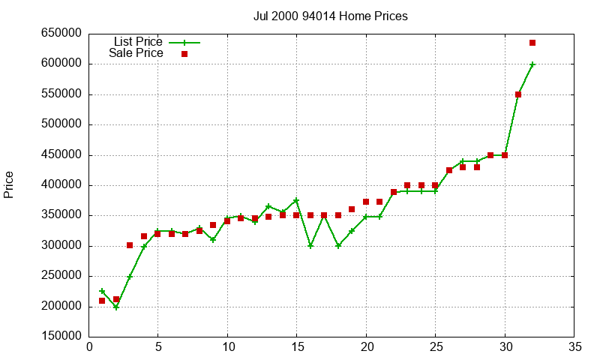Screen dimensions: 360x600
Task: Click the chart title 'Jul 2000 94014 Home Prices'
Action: tap(330, 16)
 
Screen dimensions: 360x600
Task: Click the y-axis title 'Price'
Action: tap(9, 184)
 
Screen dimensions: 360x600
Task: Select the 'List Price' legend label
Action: tap(138, 42)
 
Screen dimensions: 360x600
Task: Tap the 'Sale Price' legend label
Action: tap(136, 53)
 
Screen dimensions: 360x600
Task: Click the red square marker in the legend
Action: tap(184, 54)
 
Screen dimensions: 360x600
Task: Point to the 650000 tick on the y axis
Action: tap(64, 34)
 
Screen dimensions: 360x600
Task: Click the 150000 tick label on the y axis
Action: tap(64, 337)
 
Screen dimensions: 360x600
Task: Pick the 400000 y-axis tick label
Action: tap(64, 185)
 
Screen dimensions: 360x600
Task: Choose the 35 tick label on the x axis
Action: tap(574, 347)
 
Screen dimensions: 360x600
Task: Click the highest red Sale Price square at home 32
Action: tap(532, 43)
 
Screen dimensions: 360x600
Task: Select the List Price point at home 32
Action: tap(532, 64)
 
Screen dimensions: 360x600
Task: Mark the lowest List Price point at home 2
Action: tap(116, 307)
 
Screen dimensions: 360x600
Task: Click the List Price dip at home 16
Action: tap(310, 246)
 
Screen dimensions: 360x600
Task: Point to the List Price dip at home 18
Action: tap(338, 246)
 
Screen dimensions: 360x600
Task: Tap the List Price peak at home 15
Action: tap(296, 200)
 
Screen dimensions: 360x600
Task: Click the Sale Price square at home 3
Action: tap(130, 245)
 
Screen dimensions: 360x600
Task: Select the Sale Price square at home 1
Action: tap(102, 301)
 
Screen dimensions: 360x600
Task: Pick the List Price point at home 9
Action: tap(213, 240)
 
